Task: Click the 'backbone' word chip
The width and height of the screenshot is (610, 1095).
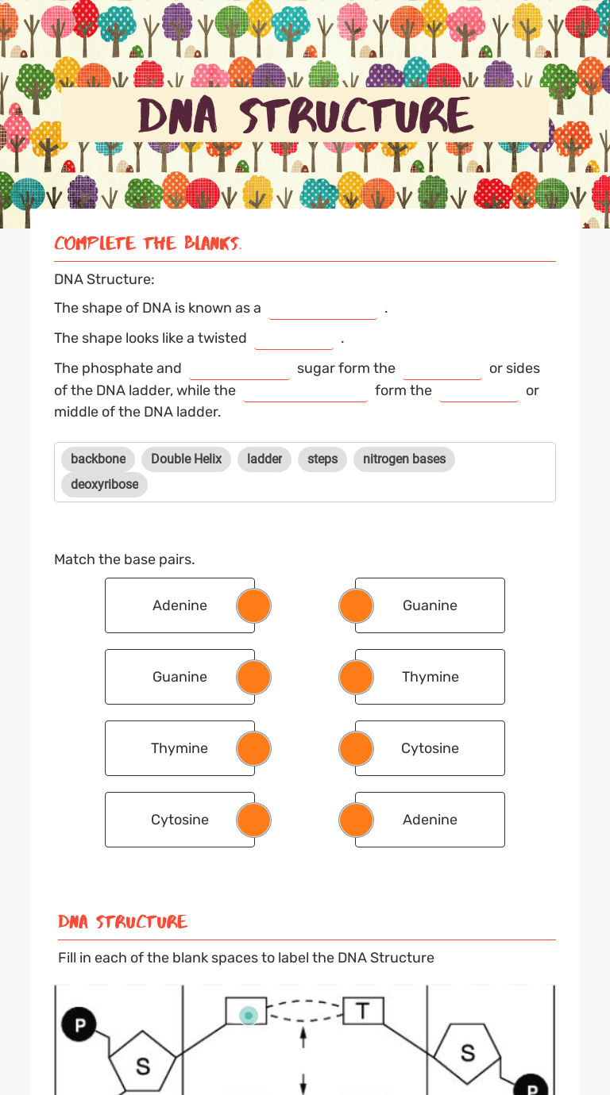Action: click(98, 459)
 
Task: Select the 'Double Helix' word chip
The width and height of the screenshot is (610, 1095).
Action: click(186, 459)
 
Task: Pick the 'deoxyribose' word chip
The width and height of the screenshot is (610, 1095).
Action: click(104, 485)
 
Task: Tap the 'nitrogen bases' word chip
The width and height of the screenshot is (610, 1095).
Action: click(403, 459)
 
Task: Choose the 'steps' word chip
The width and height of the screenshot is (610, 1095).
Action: click(322, 459)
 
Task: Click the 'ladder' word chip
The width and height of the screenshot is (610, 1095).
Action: click(264, 459)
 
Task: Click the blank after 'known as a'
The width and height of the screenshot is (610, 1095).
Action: click(322, 309)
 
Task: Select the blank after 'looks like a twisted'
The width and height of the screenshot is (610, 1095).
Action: click(294, 339)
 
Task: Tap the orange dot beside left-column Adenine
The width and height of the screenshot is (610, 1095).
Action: click(254, 605)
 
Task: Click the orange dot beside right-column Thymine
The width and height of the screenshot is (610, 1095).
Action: click(356, 677)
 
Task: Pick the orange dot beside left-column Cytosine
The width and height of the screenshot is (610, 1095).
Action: click(254, 820)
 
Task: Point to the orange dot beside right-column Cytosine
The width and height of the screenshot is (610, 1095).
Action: click(356, 748)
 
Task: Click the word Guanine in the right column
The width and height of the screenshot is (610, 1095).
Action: click(430, 605)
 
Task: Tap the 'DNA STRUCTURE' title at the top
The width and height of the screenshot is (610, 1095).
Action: click(305, 115)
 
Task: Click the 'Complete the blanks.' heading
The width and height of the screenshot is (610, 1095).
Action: click(148, 244)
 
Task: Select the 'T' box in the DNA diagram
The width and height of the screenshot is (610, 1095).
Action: click(363, 1011)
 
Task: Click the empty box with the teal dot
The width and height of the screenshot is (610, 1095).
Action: click(246, 1012)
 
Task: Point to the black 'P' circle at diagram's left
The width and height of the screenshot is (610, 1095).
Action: click(79, 1024)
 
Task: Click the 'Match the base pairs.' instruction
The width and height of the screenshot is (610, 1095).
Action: click(124, 559)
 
